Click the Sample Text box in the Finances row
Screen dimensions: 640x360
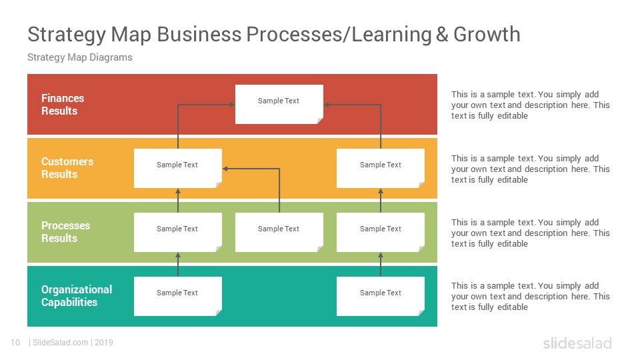(279, 104)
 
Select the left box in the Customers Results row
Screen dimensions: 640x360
(178, 168)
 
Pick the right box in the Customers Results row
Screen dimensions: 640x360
(381, 168)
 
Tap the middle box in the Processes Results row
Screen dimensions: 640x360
(279, 232)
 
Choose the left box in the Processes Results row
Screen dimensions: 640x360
(178, 232)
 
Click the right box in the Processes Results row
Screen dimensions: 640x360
(381, 232)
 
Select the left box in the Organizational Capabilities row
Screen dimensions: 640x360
(178, 296)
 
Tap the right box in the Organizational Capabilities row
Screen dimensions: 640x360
(381, 296)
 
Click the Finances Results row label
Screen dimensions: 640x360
(63, 105)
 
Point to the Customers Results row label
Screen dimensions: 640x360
(67, 168)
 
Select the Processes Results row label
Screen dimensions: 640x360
(66, 232)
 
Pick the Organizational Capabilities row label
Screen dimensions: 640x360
(77, 296)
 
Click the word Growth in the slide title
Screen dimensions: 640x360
(487, 34)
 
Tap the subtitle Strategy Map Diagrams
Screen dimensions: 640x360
(80, 57)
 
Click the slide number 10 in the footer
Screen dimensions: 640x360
(15, 343)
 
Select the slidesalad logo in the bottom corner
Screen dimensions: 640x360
(577, 343)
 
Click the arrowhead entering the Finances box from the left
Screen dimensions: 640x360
(232, 105)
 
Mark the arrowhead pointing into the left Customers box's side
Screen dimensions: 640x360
(225, 169)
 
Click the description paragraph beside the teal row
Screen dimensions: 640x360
(530, 296)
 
